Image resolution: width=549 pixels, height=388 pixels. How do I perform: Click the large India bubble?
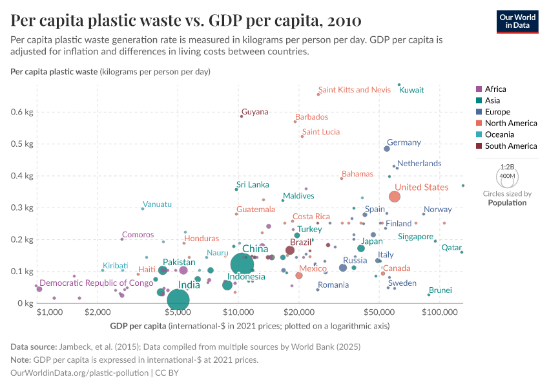pyautogui.click(x=178, y=299)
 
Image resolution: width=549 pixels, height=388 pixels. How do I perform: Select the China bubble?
pyautogui.click(x=242, y=264)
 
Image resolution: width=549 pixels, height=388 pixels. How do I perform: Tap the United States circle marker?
pyautogui.click(x=395, y=197)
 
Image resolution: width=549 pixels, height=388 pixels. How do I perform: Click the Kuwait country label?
pyautogui.click(x=411, y=91)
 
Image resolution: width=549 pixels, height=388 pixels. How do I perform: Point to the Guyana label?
pyautogui.click(x=254, y=112)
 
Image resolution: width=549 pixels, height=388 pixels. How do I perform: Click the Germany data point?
pyautogui.click(x=387, y=149)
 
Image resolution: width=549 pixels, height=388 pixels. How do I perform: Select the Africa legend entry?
pyautogui.click(x=495, y=89)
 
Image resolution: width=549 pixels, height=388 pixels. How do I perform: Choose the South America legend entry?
pyautogui.click(x=510, y=146)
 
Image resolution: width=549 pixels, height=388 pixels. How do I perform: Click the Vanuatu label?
pyautogui.click(x=157, y=204)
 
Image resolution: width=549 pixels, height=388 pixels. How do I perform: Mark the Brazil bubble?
pyautogui.click(x=290, y=250)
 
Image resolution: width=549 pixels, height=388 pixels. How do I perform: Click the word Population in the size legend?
pyautogui.click(x=507, y=202)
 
